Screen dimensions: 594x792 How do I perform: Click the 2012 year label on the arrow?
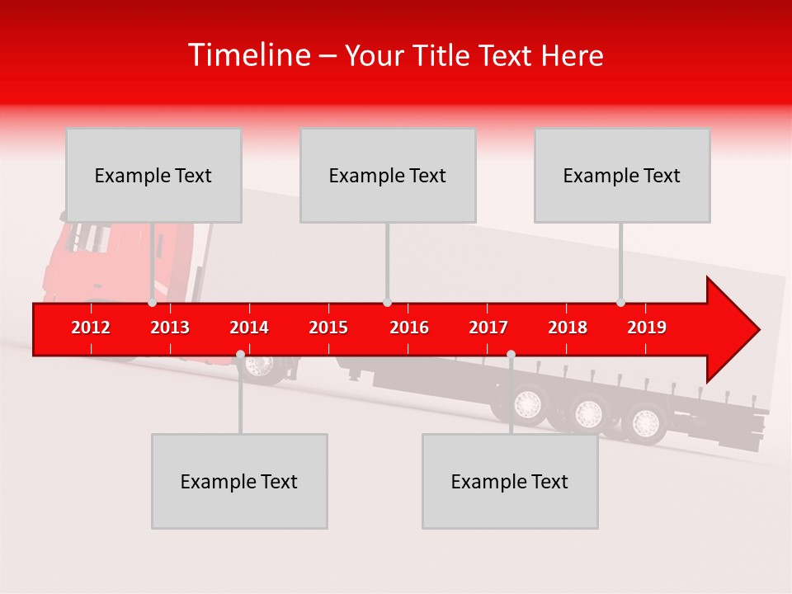click(91, 328)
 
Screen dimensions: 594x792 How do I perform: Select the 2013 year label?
click(170, 328)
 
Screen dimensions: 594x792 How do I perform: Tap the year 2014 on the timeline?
click(249, 328)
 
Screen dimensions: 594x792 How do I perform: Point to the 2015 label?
click(328, 328)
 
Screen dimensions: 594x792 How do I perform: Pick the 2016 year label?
click(409, 328)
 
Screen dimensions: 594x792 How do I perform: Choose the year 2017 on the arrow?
click(488, 328)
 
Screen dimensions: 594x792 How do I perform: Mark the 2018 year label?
click(568, 328)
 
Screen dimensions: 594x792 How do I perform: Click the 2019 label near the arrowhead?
click(647, 328)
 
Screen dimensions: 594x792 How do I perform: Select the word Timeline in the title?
click(248, 55)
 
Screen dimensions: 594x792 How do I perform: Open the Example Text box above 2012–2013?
click(153, 175)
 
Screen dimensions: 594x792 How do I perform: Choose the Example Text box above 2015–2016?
click(388, 175)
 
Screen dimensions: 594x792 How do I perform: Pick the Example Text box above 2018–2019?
click(622, 175)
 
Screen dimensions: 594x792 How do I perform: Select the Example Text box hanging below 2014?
click(239, 481)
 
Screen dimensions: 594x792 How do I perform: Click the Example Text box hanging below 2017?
click(510, 481)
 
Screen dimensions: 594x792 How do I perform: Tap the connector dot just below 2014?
click(240, 355)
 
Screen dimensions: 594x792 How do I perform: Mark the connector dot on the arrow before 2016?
click(387, 303)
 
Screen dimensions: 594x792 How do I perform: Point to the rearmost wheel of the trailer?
click(644, 423)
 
